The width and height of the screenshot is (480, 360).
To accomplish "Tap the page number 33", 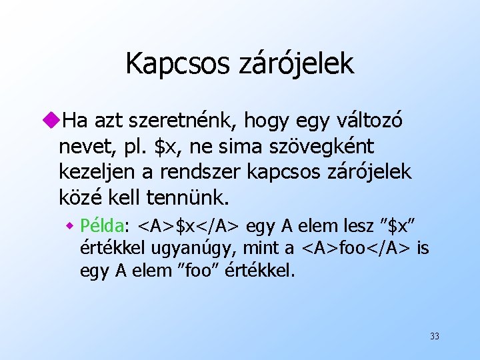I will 435,336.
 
